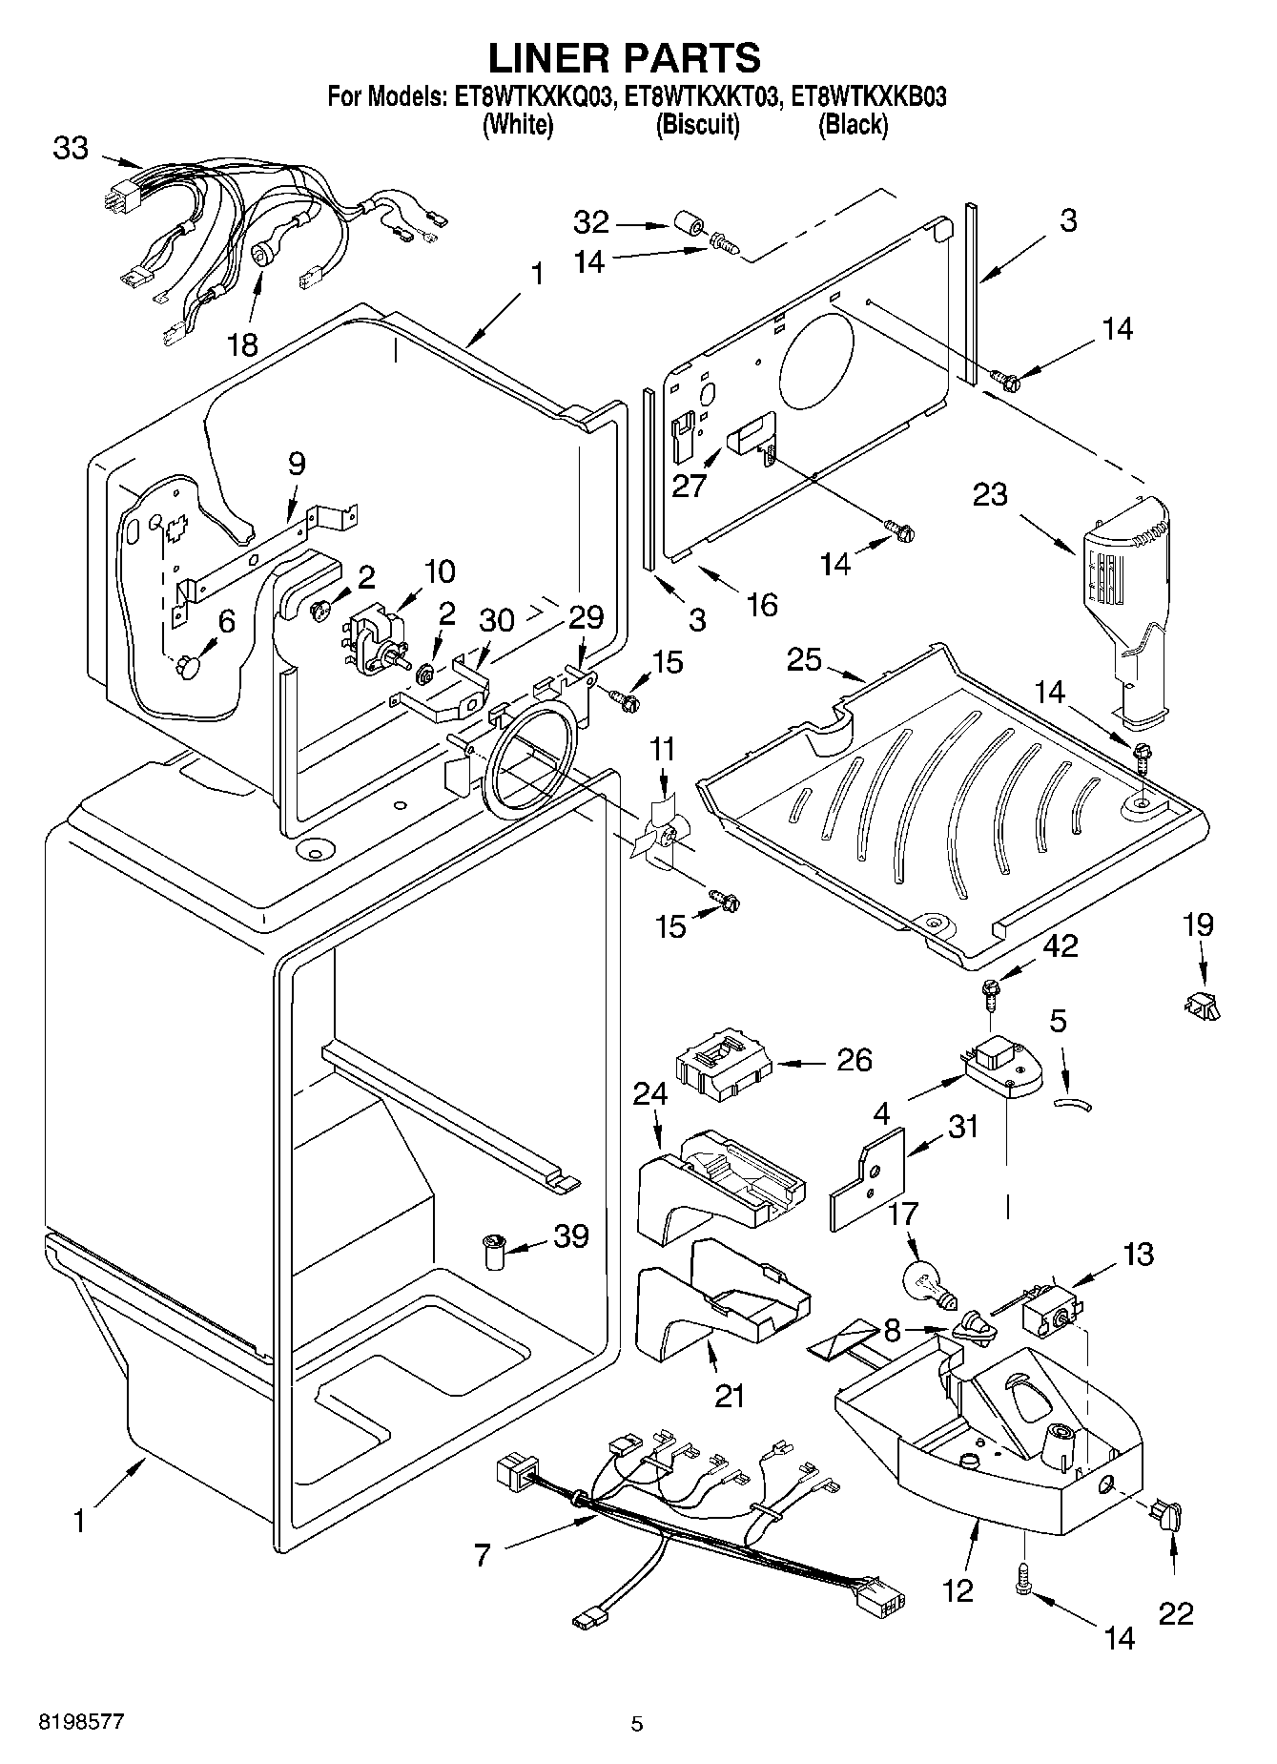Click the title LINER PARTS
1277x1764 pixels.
tap(625, 57)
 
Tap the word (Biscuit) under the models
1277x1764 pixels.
tap(697, 125)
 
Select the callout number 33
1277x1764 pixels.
tap(71, 149)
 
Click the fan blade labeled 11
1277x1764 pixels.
tap(659, 828)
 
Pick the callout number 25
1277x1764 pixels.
tap(804, 659)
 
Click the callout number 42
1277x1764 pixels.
tap(1060, 945)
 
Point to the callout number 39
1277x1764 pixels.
tap(571, 1236)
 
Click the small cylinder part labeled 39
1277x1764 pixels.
tap(493, 1251)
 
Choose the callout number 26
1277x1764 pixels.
tap(854, 1059)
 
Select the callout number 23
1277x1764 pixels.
tap(990, 495)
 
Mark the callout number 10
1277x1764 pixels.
tap(440, 572)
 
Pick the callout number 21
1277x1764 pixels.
tap(730, 1395)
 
